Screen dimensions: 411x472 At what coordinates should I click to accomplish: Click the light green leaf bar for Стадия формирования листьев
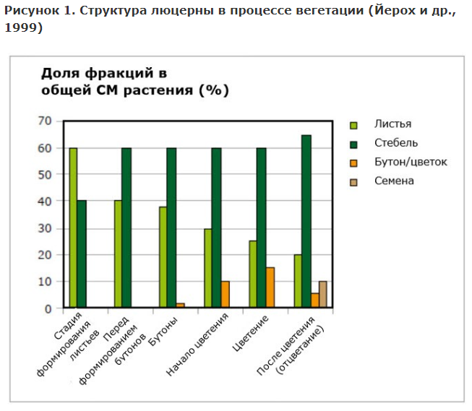coord(73,228)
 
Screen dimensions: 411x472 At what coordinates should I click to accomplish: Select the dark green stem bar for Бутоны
coord(171,228)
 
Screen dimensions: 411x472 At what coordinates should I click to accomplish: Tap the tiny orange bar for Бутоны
coord(180,306)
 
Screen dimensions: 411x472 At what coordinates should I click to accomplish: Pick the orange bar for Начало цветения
coord(225,295)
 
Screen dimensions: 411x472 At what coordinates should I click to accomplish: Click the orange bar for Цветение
coord(270,287)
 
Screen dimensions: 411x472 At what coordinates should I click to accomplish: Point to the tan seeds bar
coord(323,295)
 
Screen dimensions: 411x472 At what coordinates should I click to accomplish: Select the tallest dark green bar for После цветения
coord(306,221)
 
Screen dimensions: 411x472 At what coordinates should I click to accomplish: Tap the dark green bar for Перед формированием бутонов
coord(126,228)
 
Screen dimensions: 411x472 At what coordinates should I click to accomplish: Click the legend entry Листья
coord(393,124)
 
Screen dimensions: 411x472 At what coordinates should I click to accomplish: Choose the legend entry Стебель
coord(396,143)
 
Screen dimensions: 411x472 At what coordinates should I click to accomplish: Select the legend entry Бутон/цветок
coord(411,162)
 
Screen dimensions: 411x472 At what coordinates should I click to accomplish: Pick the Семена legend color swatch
coord(354,181)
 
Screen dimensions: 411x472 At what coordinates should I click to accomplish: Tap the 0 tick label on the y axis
coord(48,308)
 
